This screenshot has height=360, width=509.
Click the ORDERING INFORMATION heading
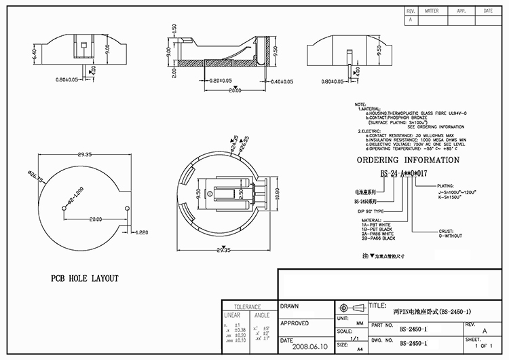pyautogui.click(x=409, y=160)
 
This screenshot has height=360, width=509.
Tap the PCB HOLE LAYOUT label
pyautogui.click(x=85, y=278)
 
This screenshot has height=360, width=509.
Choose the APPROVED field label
pyautogui.click(x=295, y=323)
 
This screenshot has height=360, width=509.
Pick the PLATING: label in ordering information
pyautogui.click(x=446, y=185)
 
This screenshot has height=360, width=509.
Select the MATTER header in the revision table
pyautogui.click(x=431, y=12)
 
